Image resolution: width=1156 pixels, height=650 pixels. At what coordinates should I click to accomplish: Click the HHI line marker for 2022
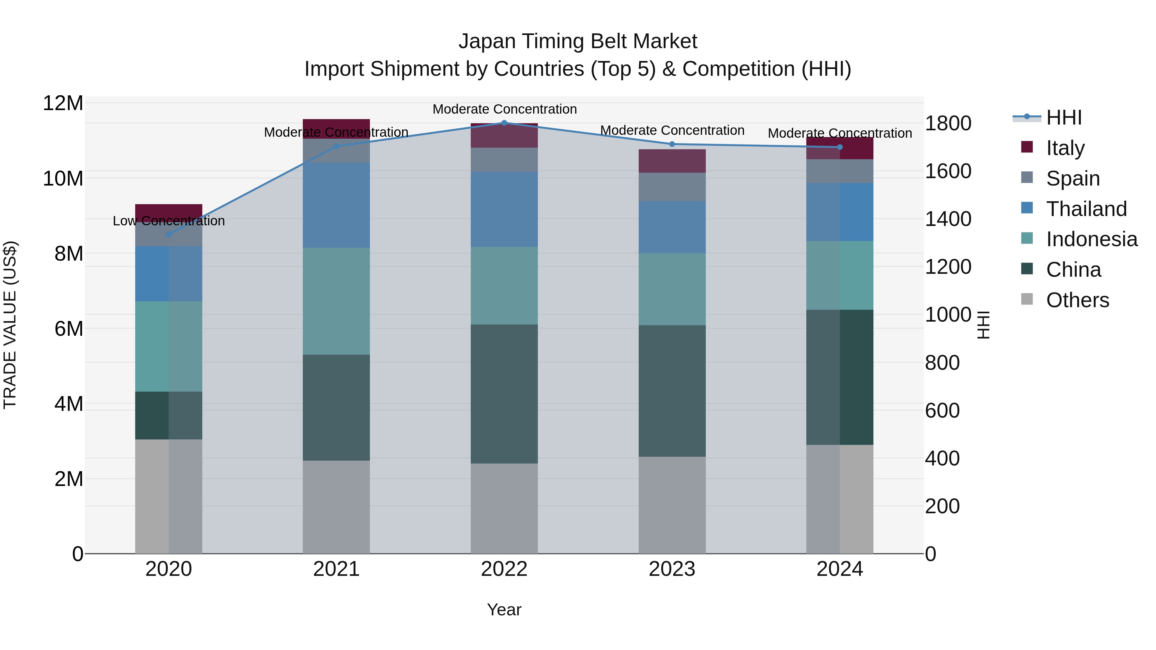pyautogui.click(x=504, y=123)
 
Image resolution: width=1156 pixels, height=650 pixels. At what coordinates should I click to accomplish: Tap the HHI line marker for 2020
pyautogui.click(x=169, y=234)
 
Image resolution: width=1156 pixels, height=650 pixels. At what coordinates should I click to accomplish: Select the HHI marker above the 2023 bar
pyautogui.click(x=672, y=144)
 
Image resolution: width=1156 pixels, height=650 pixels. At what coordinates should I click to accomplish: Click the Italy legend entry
pyautogui.click(x=1065, y=148)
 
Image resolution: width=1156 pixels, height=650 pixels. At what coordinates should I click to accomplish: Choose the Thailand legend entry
pyautogui.click(x=1086, y=209)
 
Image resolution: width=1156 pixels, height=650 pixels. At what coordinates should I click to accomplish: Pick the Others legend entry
pyautogui.click(x=1077, y=300)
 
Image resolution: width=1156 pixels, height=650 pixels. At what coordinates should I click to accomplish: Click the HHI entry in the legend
pyautogui.click(x=1064, y=117)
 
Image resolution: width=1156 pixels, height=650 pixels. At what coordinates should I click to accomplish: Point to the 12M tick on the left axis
pyautogui.click(x=63, y=103)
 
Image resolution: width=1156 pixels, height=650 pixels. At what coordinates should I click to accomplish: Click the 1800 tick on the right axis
pyautogui.click(x=948, y=123)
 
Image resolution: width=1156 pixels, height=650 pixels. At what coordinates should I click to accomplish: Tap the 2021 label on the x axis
pyautogui.click(x=336, y=569)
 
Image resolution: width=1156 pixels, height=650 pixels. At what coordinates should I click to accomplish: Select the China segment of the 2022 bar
pyautogui.click(x=504, y=394)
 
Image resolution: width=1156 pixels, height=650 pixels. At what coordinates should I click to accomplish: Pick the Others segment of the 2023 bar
pyautogui.click(x=672, y=505)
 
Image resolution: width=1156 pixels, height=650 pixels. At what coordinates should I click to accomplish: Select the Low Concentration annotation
pyautogui.click(x=169, y=221)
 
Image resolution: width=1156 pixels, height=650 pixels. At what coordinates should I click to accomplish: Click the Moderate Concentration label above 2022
pyautogui.click(x=504, y=109)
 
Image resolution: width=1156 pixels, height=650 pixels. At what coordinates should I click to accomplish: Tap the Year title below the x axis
pyautogui.click(x=504, y=610)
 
